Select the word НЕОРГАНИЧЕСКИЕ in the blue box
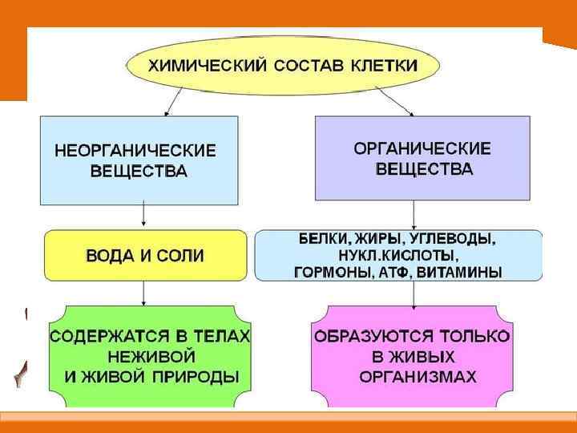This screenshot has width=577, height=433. [x=135, y=150]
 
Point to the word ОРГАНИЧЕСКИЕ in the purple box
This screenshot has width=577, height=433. [x=423, y=148]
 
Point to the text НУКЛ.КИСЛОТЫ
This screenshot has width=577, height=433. [x=398, y=256]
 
